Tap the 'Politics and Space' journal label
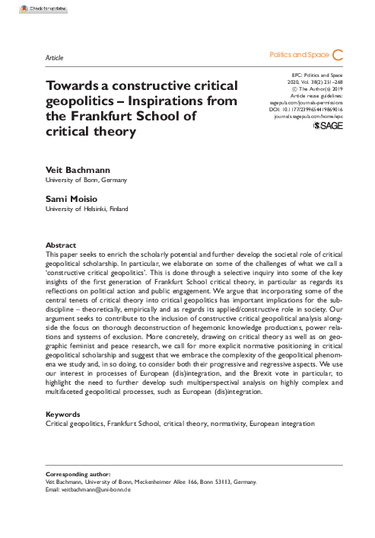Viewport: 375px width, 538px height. click(x=298, y=56)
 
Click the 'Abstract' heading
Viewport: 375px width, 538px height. click(x=62, y=245)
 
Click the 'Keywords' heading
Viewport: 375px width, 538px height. click(x=64, y=415)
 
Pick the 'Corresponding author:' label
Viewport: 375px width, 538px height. click(x=78, y=475)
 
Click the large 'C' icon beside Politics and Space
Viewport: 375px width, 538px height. click(x=339, y=55)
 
